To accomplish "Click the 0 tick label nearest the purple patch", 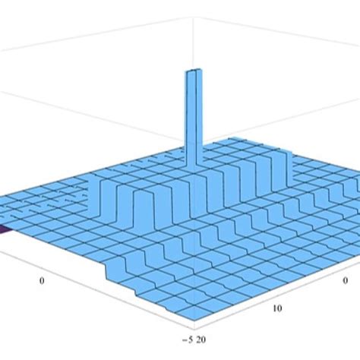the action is (x=42, y=281).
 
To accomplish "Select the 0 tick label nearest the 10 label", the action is (x=346, y=280).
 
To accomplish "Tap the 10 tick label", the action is (x=277, y=308).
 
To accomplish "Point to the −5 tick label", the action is (x=188, y=339).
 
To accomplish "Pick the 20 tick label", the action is (x=201, y=339).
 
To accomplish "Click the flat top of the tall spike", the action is (x=194, y=70).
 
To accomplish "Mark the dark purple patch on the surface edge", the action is (x=5, y=229).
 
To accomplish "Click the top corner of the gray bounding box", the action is (x=194, y=17).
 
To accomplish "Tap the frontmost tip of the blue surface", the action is (x=194, y=320).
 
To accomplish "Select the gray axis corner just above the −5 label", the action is (x=194, y=330).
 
